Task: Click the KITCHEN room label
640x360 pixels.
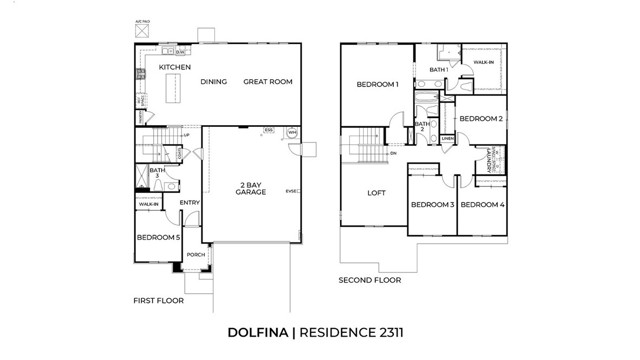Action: (175, 67)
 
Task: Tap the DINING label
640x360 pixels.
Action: (214, 82)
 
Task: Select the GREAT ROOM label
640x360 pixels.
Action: (267, 82)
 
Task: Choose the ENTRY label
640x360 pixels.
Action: (189, 203)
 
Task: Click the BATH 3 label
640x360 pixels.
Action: (156, 174)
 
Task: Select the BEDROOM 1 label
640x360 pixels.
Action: (378, 85)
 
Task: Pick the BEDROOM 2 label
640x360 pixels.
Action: (480, 118)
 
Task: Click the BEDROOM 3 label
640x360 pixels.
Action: (432, 205)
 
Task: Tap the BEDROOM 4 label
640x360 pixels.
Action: (481, 205)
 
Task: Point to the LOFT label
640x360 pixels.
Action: (376, 193)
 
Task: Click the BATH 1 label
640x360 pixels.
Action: (438, 69)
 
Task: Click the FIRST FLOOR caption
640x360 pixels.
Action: (158, 299)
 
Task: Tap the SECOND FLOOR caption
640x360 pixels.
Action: (369, 280)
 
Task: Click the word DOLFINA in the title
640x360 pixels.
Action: (257, 331)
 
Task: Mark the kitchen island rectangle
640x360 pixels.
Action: (172, 92)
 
